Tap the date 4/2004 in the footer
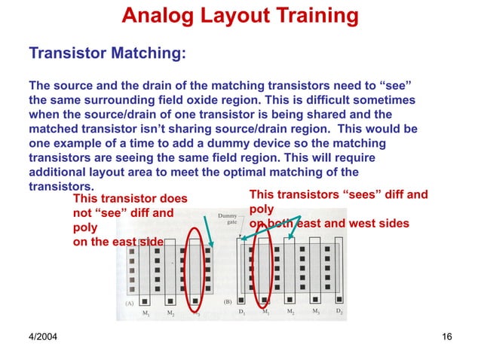click(44, 335)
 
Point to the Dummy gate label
click(228, 221)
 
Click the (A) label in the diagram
click(130, 300)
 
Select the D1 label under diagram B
click(241, 310)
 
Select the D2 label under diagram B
click(340, 310)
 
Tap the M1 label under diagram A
click(146, 312)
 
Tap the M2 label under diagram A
click(171, 312)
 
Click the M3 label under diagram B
click(316, 310)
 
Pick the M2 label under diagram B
click(291, 310)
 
